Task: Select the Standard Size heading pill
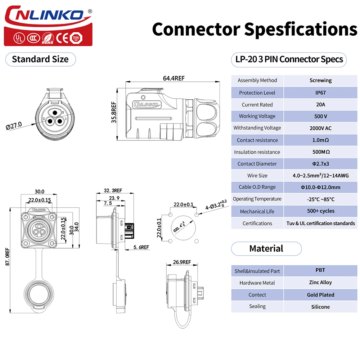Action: pos(40,59)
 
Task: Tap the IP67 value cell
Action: pos(320,93)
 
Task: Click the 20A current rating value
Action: pos(320,104)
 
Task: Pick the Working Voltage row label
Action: pos(257,116)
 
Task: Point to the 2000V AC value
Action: pos(320,128)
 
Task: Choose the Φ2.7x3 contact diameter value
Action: pos(320,164)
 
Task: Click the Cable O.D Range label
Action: pos(257,187)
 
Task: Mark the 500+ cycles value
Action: pos(320,211)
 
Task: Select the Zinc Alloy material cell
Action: pos(320,283)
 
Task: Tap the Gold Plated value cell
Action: pos(320,295)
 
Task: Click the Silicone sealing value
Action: pos(320,307)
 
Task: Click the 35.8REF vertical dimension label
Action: pos(114,112)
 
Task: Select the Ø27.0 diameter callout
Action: pos(14,126)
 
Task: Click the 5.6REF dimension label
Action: pos(141,247)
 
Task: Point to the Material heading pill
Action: pos(266,249)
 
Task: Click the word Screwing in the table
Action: pos(320,81)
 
